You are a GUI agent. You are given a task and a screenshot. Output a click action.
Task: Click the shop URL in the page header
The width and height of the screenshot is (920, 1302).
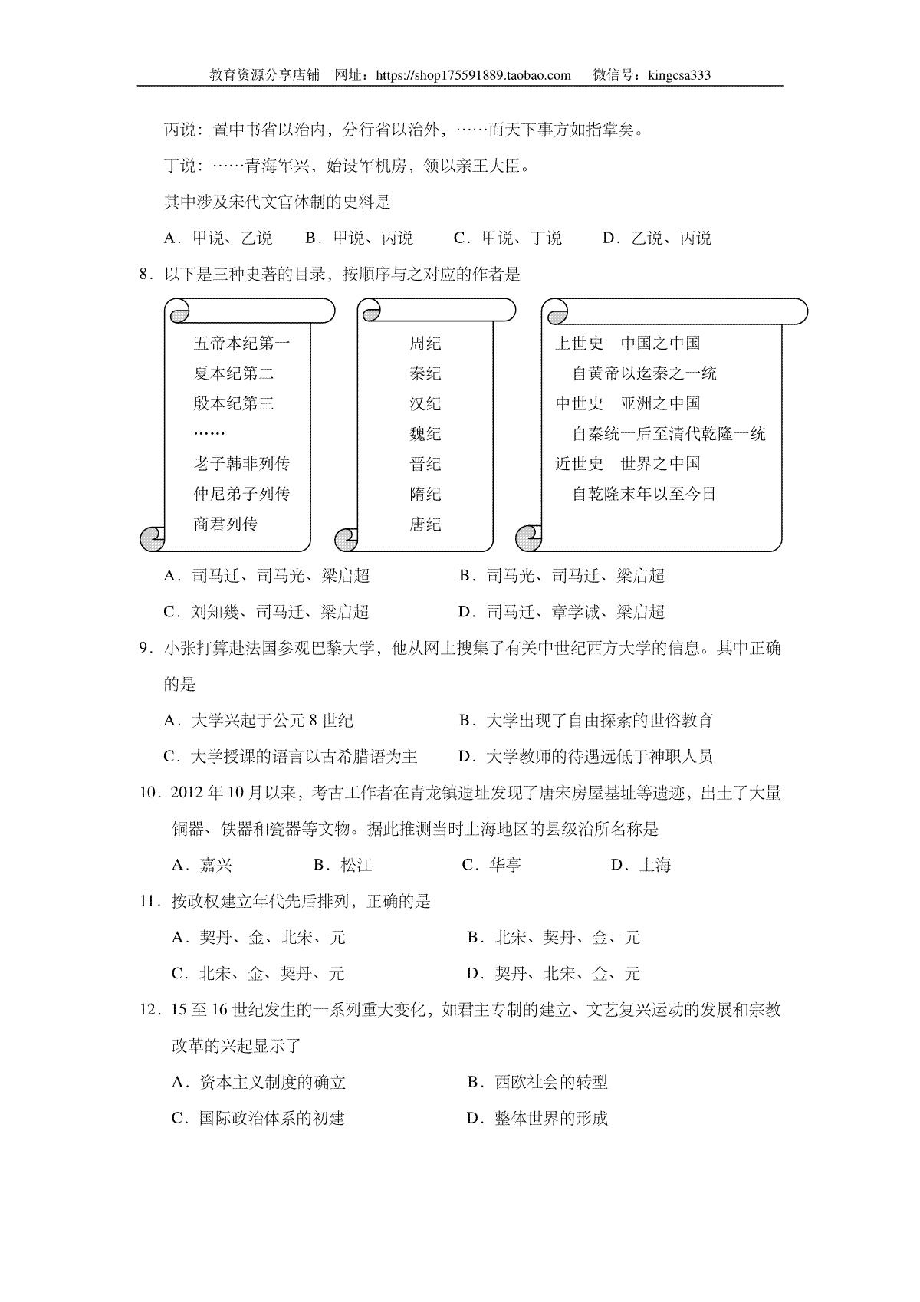click(x=475, y=75)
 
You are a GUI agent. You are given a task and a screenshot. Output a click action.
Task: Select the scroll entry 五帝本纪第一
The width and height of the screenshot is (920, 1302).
click(x=242, y=343)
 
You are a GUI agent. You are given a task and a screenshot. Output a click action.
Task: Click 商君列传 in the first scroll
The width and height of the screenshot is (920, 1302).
click(x=225, y=524)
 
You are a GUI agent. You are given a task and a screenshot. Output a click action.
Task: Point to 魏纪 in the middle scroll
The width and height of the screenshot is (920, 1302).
click(x=425, y=434)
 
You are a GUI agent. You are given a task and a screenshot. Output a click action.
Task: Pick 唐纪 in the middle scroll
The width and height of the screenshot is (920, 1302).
click(x=425, y=524)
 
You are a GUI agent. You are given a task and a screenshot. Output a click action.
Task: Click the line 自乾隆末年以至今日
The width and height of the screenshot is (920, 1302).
click(x=644, y=494)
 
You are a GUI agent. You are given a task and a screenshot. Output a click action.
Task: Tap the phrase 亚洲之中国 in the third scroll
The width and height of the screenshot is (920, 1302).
click(x=660, y=403)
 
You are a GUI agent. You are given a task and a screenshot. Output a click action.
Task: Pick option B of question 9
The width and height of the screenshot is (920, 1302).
click(x=586, y=721)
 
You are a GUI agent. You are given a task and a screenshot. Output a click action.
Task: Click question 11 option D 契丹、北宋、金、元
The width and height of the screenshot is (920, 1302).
click(x=553, y=974)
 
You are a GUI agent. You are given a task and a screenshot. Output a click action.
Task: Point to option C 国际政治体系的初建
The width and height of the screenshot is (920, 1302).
click(x=258, y=1118)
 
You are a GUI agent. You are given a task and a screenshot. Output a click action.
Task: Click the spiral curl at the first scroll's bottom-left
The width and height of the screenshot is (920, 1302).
click(x=152, y=538)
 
